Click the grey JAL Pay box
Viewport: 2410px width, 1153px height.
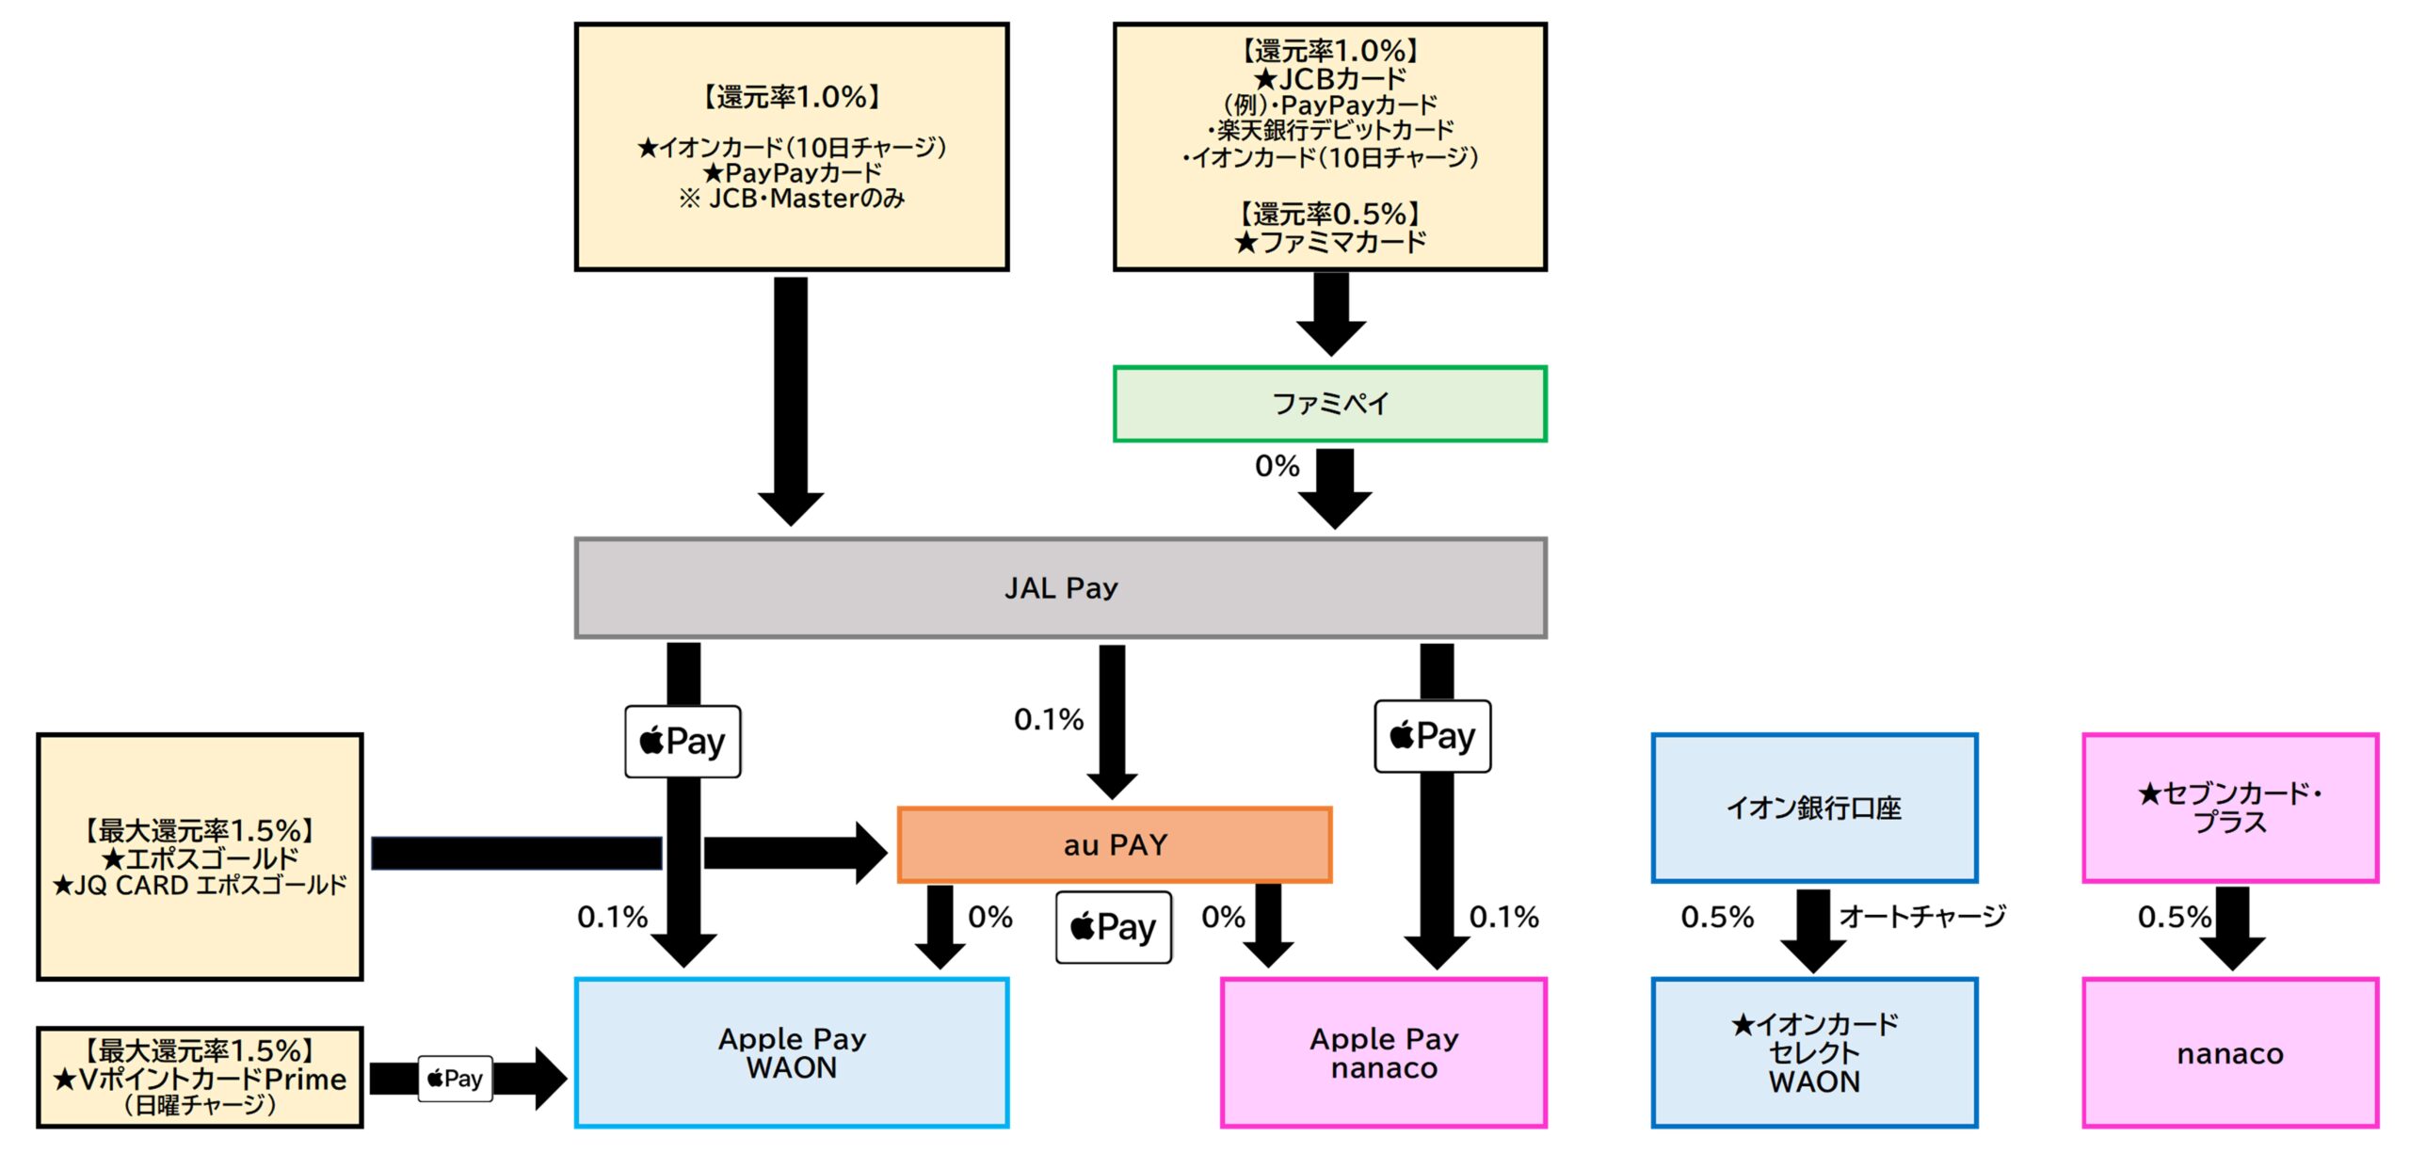(x=1060, y=587)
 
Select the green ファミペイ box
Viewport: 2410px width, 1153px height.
(x=1329, y=404)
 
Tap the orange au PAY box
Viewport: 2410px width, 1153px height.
(x=1115, y=844)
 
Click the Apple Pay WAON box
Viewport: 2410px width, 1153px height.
(x=791, y=1052)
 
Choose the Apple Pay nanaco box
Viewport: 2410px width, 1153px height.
(x=1383, y=1052)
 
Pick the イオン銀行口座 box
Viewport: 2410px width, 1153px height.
(x=1813, y=808)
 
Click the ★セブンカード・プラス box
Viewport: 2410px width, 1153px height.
(x=2229, y=808)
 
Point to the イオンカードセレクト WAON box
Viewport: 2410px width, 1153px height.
(x=1813, y=1052)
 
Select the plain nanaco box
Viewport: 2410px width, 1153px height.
(x=2229, y=1052)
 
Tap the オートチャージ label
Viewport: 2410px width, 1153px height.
(x=1922, y=916)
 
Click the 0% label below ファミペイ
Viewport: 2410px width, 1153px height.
(x=1277, y=466)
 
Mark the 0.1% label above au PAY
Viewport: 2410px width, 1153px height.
(x=1049, y=720)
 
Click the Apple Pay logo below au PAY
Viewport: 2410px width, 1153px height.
(x=1114, y=927)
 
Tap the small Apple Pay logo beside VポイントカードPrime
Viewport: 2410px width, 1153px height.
(x=455, y=1079)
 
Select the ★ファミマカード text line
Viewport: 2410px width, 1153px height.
(x=1329, y=243)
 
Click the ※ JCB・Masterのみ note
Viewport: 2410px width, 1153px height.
(x=791, y=199)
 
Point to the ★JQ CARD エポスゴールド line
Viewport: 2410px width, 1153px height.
(x=200, y=886)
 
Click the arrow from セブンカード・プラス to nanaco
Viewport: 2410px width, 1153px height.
(x=2232, y=927)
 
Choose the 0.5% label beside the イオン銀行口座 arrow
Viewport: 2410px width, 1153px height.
(x=1717, y=917)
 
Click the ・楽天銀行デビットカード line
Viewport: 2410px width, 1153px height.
(x=1329, y=130)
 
